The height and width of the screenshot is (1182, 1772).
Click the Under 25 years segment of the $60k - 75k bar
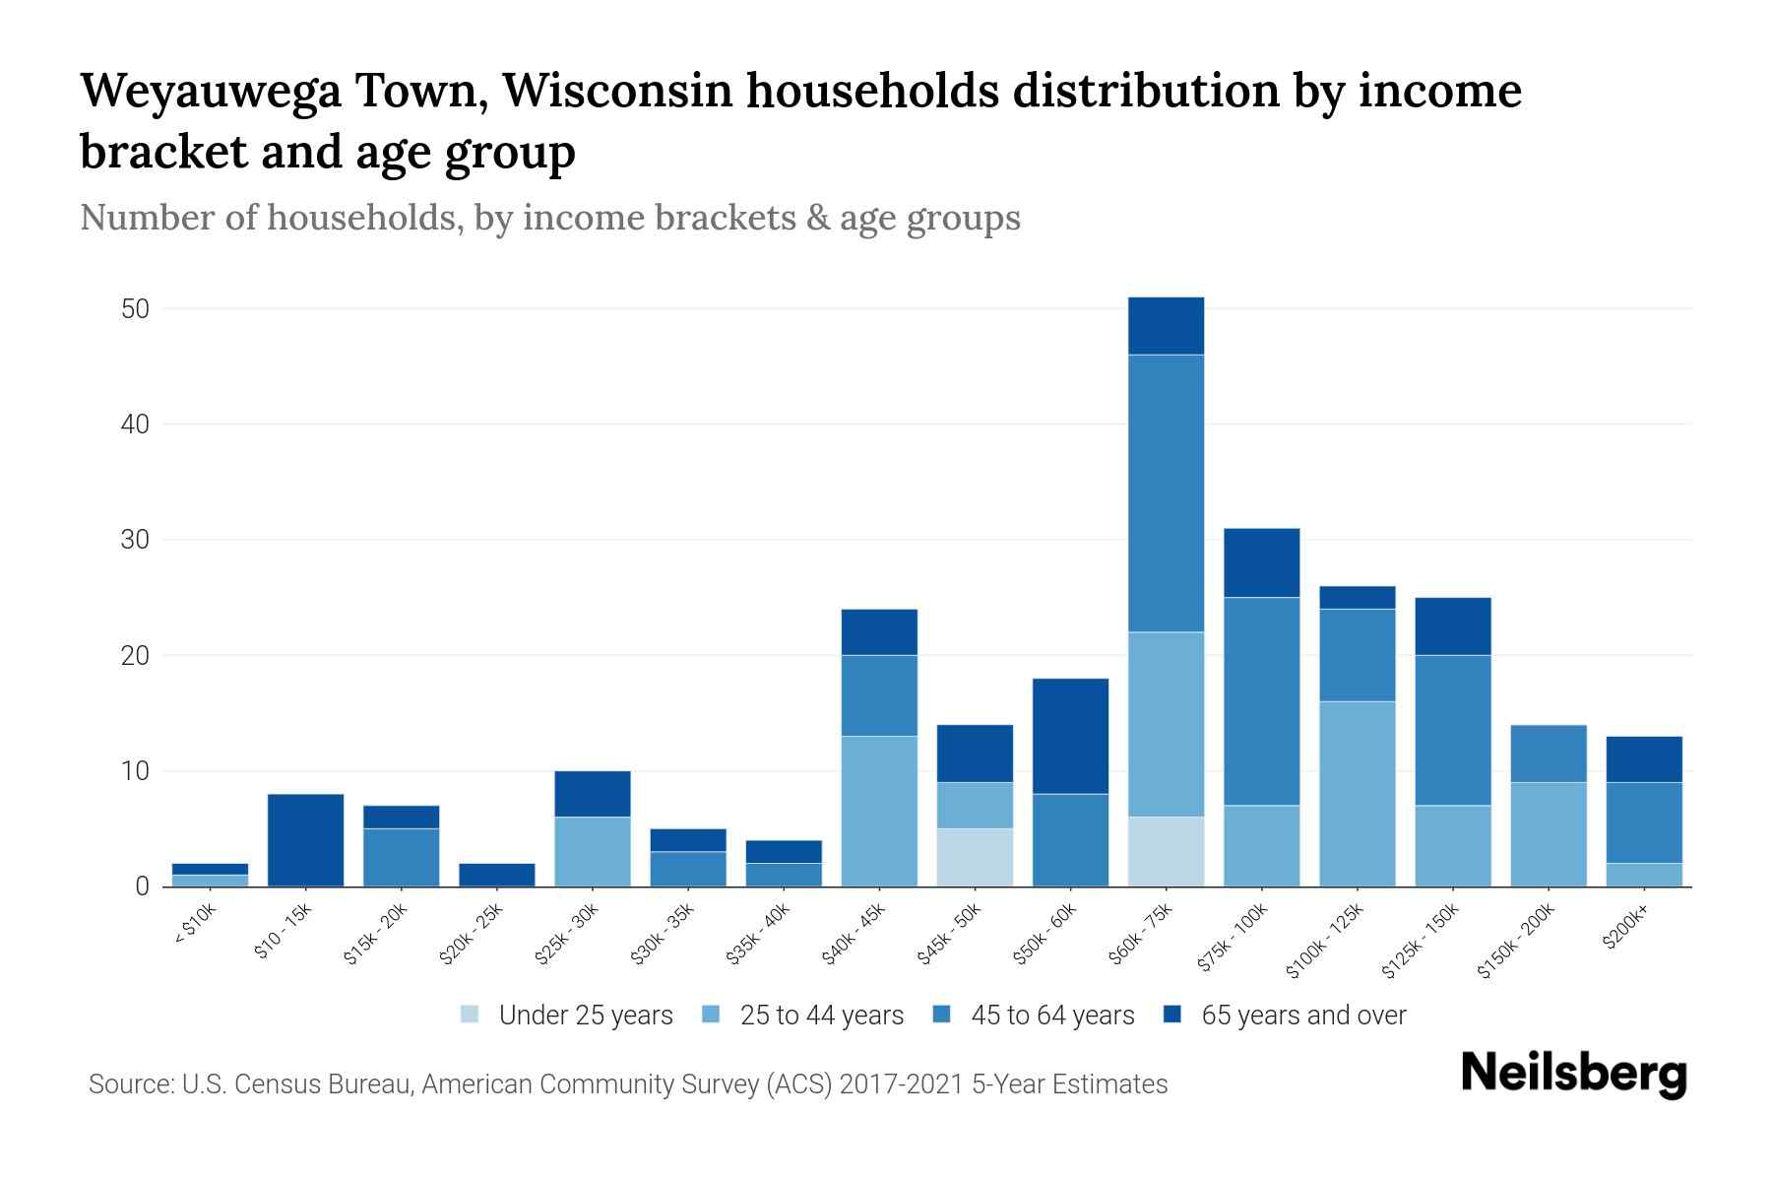coord(1166,851)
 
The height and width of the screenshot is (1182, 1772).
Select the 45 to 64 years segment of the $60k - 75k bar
coord(1166,492)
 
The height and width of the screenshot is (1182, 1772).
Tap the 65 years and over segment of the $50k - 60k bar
coord(1070,736)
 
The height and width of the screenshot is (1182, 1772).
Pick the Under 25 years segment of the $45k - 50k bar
coord(975,857)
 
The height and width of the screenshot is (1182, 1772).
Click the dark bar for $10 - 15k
coord(305,839)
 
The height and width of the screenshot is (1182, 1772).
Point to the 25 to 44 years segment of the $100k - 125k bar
coord(1357,794)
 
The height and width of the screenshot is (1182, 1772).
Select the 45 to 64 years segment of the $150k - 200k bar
coord(1548,754)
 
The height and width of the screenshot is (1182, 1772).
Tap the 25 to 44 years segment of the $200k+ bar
coord(1643,875)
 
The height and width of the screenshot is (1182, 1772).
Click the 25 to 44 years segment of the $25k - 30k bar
coord(592,851)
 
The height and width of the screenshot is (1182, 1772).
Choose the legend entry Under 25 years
coord(586,1016)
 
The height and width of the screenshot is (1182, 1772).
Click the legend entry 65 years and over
coord(1303,1016)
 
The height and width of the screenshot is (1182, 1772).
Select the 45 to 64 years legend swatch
coord(942,1015)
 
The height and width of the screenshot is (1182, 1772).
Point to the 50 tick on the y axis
coord(135,309)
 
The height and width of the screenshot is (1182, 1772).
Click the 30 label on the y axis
coord(135,541)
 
